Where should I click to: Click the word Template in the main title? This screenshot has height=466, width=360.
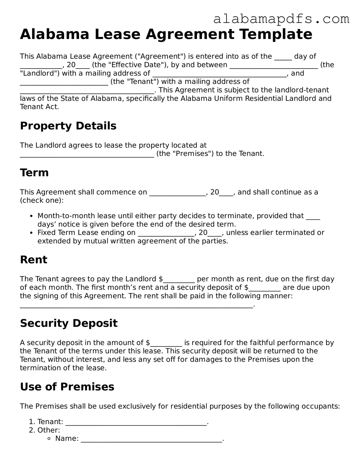click(x=276, y=34)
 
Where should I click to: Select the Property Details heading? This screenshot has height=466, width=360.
click(x=68, y=126)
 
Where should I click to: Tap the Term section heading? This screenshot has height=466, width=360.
click(x=34, y=173)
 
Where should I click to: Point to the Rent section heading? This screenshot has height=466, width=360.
click(x=33, y=260)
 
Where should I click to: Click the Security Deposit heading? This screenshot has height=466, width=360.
click(x=69, y=323)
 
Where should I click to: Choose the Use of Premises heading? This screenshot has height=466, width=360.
click(x=67, y=387)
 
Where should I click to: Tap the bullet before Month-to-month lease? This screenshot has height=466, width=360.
click(x=32, y=216)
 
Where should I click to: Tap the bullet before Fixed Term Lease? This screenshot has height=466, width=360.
click(x=32, y=233)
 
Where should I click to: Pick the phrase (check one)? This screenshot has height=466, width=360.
click(x=42, y=200)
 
